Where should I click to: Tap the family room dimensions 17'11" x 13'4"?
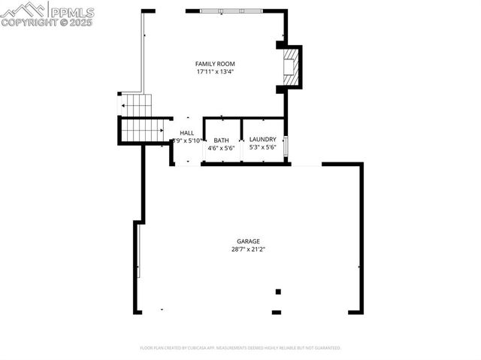point(215,73)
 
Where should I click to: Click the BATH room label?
point(221,140)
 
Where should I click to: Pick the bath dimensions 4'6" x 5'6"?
point(221,148)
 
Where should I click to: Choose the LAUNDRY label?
point(263,139)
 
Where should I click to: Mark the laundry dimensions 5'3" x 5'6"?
point(263,148)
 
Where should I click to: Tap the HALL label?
point(186,133)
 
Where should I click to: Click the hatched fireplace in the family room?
point(289,68)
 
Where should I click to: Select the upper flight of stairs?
point(138,105)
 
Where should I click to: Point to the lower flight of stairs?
point(141,130)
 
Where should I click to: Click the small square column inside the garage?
point(277,292)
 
